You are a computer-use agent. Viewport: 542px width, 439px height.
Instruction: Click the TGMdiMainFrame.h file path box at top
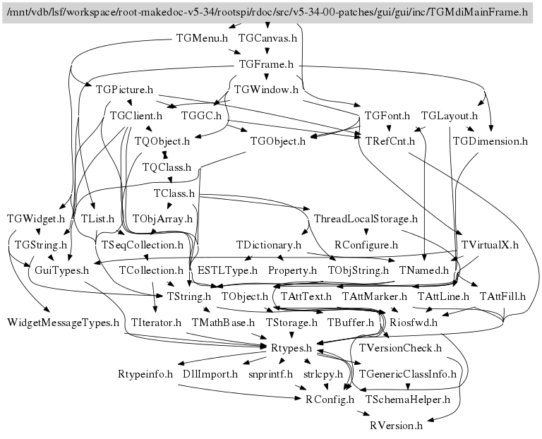pyautogui.click(x=267, y=12)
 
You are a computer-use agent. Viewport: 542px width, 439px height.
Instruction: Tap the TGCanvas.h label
pyautogui.click(x=267, y=38)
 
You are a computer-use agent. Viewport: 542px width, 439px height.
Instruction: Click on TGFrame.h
pyautogui.click(x=266, y=64)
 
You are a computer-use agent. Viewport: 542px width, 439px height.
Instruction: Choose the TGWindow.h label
pyautogui.click(x=266, y=90)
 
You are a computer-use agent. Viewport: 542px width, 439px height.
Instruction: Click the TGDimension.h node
pyautogui.click(x=490, y=140)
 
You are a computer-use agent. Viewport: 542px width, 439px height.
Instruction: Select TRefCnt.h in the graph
pyautogui.click(x=390, y=140)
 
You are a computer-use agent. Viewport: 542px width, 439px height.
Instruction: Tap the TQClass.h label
pyautogui.click(x=167, y=167)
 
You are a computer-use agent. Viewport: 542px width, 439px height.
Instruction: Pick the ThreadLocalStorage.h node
pyautogui.click(x=365, y=219)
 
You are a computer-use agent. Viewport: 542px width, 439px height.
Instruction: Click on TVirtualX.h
pyautogui.click(x=490, y=245)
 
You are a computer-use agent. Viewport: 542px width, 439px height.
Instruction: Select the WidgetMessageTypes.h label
pyautogui.click(x=64, y=323)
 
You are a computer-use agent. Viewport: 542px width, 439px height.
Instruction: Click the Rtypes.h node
pyautogui.click(x=291, y=348)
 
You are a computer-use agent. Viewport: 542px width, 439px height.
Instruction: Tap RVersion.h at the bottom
pyautogui.click(x=396, y=426)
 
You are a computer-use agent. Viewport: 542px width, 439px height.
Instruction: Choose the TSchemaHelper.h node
pyautogui.click(x=408, y=399)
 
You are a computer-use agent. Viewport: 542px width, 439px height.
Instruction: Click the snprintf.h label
pyautogui.click(x=270, y=374)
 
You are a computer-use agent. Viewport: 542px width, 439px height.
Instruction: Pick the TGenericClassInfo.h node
pyautogui.click(x=408, y=374)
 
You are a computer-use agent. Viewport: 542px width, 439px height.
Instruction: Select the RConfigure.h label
pyautogui.click(x=366, y=245)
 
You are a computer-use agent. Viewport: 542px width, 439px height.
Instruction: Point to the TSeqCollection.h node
pyautogui.click(x=143, y=245)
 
